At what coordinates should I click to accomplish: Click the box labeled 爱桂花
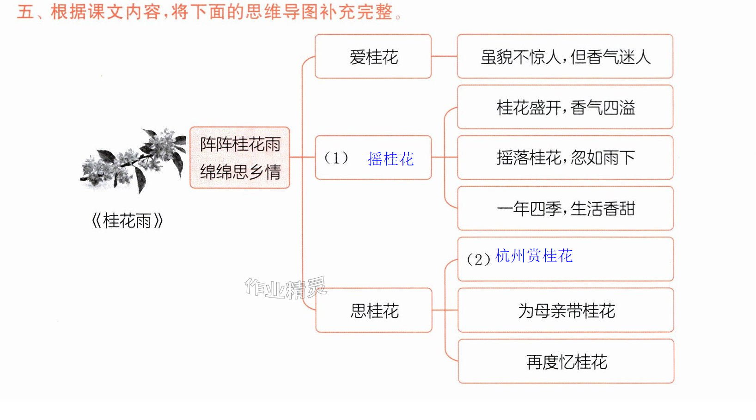373,56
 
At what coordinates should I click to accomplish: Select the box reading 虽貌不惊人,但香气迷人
565,56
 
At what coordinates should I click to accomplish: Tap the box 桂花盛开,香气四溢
565,107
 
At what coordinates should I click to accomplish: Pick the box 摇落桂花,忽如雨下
565,158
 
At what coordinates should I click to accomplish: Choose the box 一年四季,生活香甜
565,208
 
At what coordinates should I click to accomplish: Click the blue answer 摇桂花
390,159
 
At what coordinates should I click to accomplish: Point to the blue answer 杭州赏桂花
534,256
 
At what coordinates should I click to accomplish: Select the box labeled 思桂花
374,310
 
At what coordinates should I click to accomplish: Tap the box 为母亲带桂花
566,310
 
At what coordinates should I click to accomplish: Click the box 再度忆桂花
566,361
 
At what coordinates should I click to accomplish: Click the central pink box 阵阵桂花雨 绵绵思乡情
240,158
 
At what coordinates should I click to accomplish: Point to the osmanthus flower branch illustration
133,160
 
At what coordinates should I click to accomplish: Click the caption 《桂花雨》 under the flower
127,220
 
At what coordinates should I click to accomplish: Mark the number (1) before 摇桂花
336,158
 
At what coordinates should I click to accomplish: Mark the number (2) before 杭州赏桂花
479,259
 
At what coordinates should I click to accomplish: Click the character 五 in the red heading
25,12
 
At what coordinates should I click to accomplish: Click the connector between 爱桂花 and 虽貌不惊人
444,56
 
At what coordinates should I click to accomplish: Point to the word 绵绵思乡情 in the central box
240,172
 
